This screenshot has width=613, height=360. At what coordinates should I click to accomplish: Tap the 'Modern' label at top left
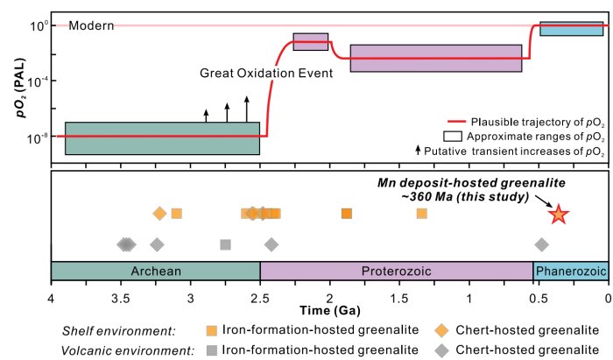point(91,25)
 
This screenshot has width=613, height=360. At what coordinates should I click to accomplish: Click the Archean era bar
point(156,271)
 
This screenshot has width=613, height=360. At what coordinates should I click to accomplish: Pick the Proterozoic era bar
point(397,271)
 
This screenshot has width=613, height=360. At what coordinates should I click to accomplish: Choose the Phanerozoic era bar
point(570,271)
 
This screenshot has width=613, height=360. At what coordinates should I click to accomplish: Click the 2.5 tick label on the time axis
point(260,296)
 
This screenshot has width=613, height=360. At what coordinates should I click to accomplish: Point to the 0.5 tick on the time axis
point(539,296)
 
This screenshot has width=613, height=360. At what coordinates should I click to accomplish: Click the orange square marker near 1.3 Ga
point(422,214)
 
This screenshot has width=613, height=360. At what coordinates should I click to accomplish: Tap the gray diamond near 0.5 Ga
point(542,244)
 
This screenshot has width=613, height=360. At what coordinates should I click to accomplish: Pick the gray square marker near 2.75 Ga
point(225,244)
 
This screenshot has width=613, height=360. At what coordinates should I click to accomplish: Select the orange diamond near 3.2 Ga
point(159,214)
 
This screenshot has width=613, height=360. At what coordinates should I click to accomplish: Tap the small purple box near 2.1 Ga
point(311,42)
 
